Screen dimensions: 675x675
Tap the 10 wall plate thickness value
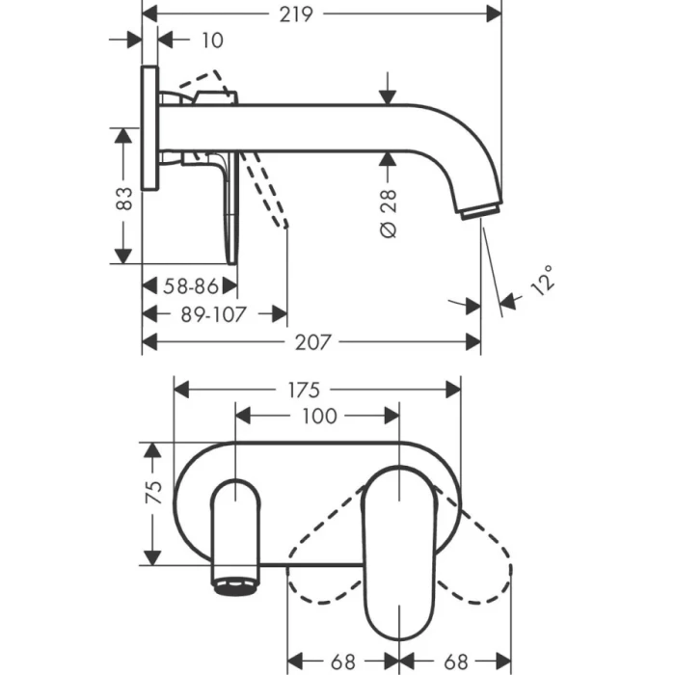point(213,40)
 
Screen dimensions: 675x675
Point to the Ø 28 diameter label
point(389,214)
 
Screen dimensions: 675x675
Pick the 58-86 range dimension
point(190,286)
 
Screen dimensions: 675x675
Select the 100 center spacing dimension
point(319,416)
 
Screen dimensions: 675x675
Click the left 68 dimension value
point(342,662)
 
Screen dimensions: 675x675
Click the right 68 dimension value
point(457,662)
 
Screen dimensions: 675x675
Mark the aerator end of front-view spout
point(235,581)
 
